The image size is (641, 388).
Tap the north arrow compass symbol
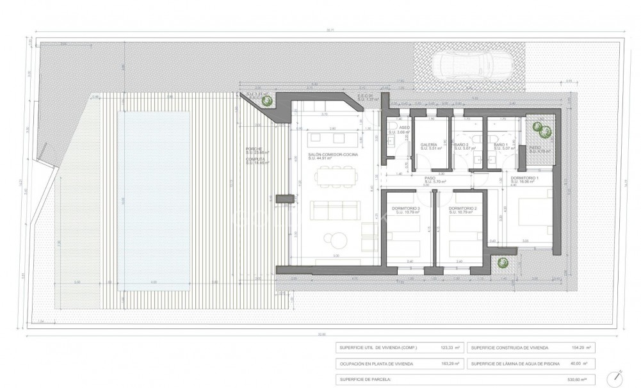(x=614, y=378)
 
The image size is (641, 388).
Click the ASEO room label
(x=404, y=128)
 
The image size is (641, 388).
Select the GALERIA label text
(x=428, y=145)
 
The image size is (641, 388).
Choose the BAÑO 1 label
(x=501, y=145)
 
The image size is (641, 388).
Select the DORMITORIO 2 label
(x=461, y=208)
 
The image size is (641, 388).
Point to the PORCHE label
(x=254, y=149)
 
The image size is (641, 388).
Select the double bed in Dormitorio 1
(x=530, y=218)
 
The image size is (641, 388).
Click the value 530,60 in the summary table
(x=580, y=380)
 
